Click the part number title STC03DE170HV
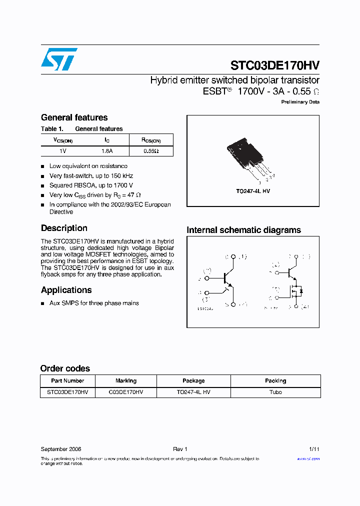click(x=274, y=65)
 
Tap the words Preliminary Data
click(x=300, y=102)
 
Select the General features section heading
click(x=74, y=117)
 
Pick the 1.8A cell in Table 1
click(x=107, y=150)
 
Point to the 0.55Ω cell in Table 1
click(x=151, y=150)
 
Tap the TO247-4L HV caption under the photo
click(x=253, y=191)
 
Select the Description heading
click(x=64, y=228)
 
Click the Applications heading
click(x=66, y=290)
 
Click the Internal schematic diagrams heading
click(x=243, y=230)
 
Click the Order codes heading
click(x=65, y=368)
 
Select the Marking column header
click(x=126, y=381)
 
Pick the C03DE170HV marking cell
click(x=126, y=392)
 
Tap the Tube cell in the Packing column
click(x=275, y=392)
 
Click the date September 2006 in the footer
click(x=61, y=449)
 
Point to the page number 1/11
click(x=314, y=449)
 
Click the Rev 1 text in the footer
click(x=180, y=449)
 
